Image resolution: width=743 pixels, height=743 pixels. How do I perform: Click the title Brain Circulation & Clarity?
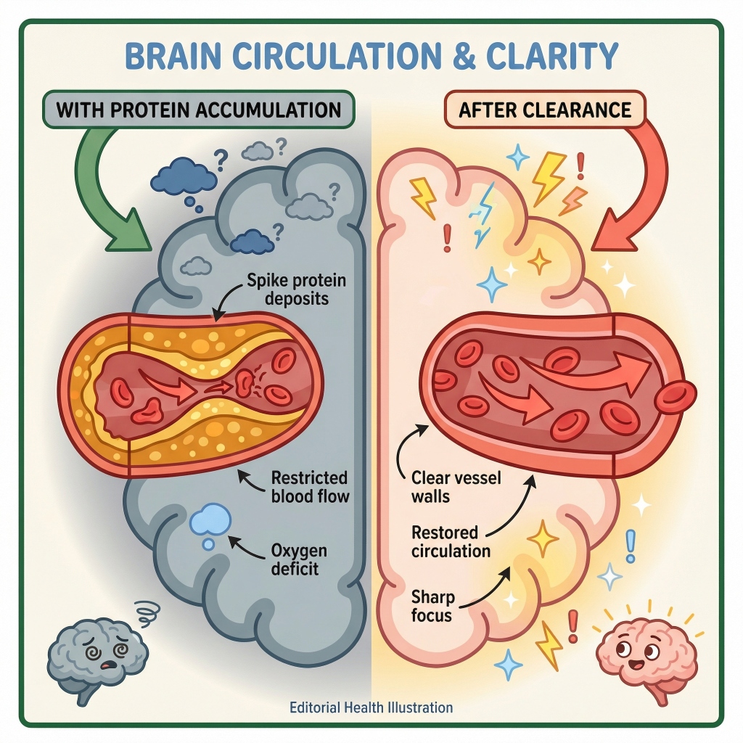click(x=371, y=57)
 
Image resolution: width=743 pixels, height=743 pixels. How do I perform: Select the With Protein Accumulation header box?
click(x=198, y=110)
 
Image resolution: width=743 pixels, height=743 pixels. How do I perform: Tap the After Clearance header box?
click(x=543, y=110)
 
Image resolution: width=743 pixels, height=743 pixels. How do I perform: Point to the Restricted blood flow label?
click(x=308, y=487)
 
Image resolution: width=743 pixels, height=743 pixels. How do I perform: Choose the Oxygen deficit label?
click(x=295, y=558)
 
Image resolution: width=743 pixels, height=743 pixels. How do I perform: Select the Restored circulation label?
click(x=451, y=541)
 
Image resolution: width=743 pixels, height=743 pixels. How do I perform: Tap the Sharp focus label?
click(x=432, y=606)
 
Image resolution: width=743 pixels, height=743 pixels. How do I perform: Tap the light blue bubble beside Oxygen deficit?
click(x=210, y=521)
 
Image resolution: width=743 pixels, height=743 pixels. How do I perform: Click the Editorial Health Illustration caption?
click(x=371, y=707)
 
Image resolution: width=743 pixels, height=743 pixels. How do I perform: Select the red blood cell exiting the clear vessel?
click(x=676, y=396)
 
